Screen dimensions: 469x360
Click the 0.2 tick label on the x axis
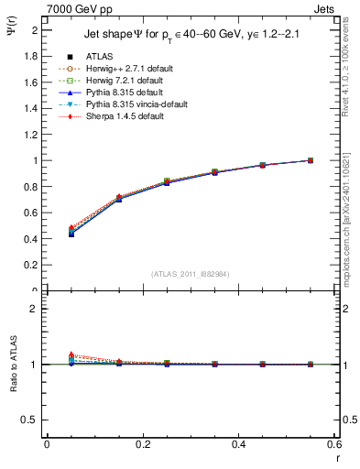pyautogui.click(x=142, y=445)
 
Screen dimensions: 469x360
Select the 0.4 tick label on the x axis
pyautogui.click(x=238, y=445)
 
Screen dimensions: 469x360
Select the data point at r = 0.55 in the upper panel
pyautogui.click(x=311, y=160)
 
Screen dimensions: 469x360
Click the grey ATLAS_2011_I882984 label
pyautogui.click(x=191, y=273)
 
